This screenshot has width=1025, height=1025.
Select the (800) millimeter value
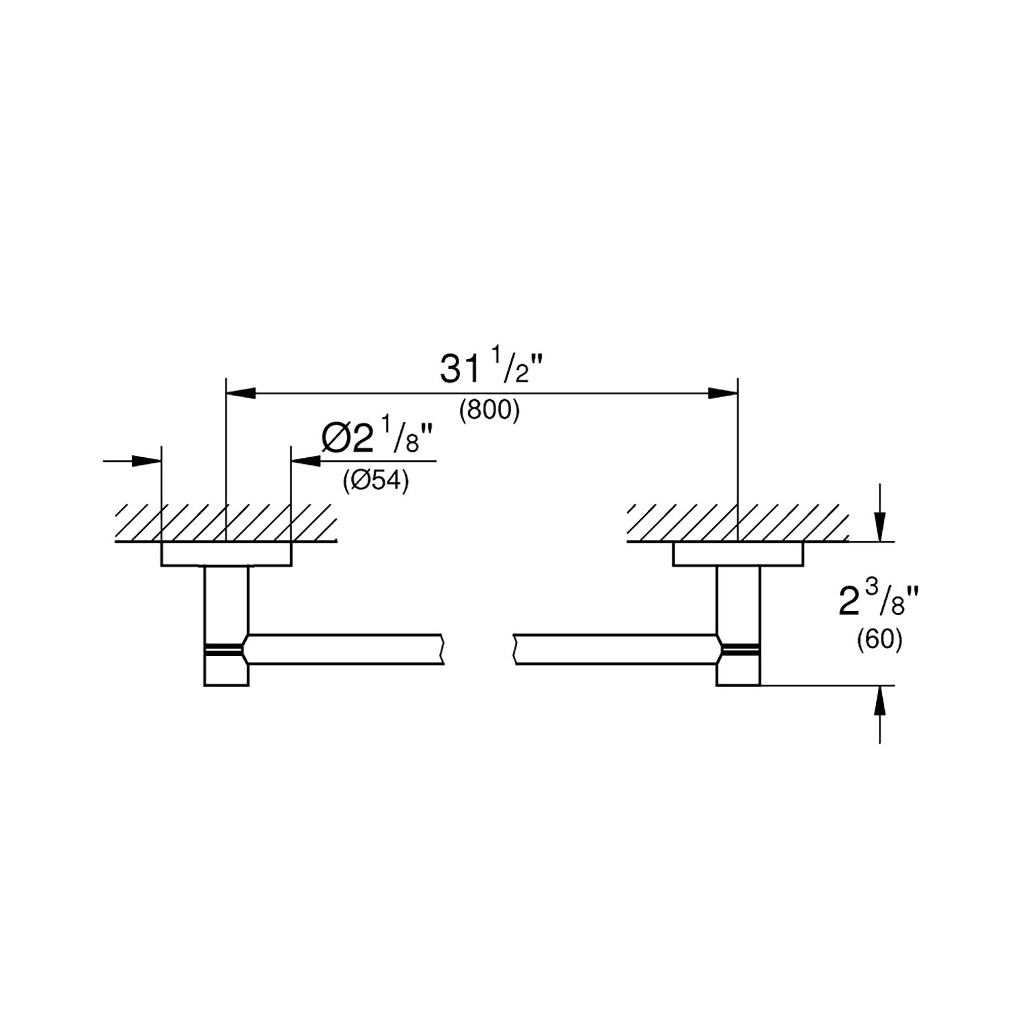click(x=490, y=411)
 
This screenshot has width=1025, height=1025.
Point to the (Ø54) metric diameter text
click(x=375, y=482)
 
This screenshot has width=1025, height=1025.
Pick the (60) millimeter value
click(x=879, y=640)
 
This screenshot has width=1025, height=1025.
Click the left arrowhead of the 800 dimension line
click(x=241, y=393)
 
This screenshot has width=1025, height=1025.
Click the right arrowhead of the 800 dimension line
click(x=723, y=393)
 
